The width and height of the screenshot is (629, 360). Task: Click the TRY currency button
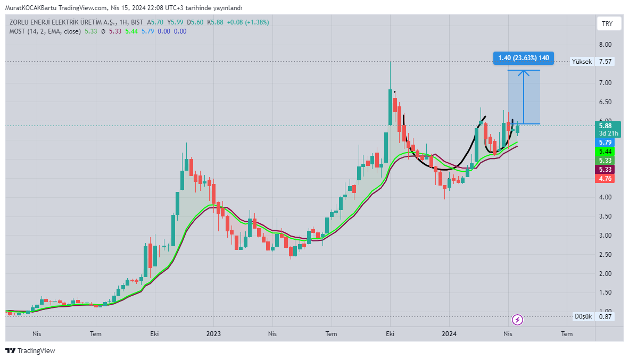coord(607,23)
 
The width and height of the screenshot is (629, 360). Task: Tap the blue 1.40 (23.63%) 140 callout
coord(524,58)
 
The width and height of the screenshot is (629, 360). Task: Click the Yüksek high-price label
coord(582,61)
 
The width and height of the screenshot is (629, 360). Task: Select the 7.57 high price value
coord(606,61)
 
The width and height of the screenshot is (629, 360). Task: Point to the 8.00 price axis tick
coord(606,45)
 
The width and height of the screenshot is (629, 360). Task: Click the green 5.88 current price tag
coord(606,126)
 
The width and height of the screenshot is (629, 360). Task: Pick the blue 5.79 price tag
coord(606,143)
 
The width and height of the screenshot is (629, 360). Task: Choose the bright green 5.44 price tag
coord(606,152)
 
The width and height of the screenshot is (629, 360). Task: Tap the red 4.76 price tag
coord(606,178)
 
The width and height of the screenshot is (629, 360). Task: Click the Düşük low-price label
coord(583,317)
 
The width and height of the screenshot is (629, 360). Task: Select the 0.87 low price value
coord(606,317)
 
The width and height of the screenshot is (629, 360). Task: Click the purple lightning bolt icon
coord(517,320)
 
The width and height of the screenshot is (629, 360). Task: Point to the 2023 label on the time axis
coord(213,333)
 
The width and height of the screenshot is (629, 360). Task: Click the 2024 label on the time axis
coord(449,333)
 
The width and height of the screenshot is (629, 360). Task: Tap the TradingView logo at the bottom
coord(30,351)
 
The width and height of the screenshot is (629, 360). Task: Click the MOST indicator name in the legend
coord(17,31)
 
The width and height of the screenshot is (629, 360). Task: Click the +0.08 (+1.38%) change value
coord(248,22)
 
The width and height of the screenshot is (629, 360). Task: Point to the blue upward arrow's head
coord(524,73)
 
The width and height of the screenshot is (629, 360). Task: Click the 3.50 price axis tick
coord(606,216)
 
